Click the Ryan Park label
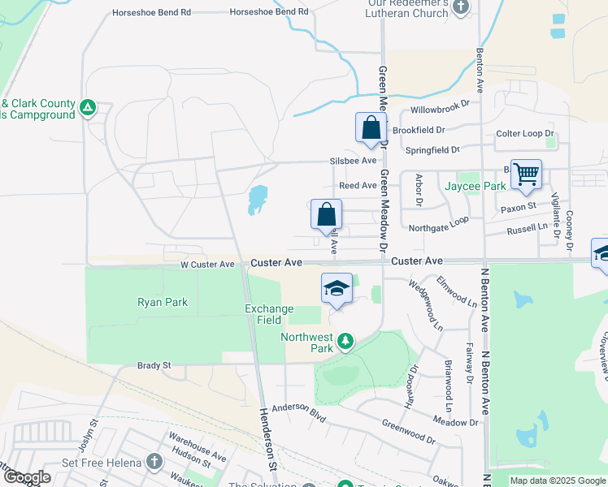[163, 302]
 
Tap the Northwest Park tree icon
[345, 341]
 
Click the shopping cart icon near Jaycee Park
[526, 174]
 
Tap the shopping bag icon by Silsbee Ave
[371, 128]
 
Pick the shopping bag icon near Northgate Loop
[326, 215]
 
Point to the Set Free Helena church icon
[155, 463]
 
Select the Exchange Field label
[263, 314]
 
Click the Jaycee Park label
[476, 186]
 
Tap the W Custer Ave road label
[207, 265]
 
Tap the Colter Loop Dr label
[524, 134]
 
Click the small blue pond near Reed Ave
[257, 199]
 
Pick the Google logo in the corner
[26, 477]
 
